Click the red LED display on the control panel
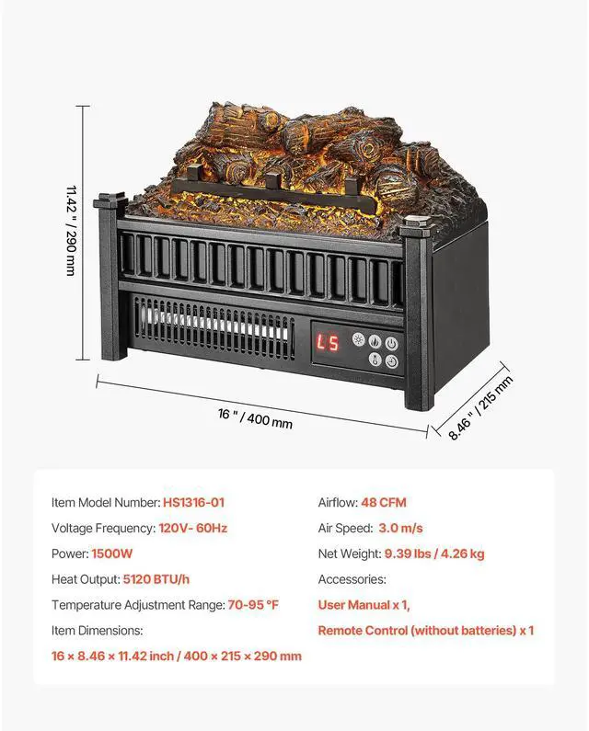327,344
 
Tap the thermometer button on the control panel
375,360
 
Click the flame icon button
392,360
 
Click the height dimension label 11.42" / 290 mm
70,230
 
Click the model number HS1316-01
193,502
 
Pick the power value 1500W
112,554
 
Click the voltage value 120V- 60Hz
192,528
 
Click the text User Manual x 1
364,605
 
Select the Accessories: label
352,579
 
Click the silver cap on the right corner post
416,221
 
